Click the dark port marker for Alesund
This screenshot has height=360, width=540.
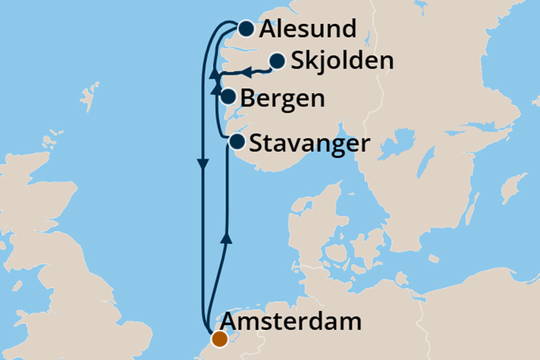pos(246,28)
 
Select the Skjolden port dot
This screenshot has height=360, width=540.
pos(277,61)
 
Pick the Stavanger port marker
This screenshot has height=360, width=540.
pos(237,141)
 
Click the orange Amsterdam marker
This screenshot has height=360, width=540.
pos(219,339)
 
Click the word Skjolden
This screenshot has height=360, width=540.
pos(342,62)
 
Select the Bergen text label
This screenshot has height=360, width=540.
pos(283,99)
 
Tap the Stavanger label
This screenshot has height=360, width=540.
pos(309,144)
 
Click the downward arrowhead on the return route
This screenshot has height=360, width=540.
pos(203,165)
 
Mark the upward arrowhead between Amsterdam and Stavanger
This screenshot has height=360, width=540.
pos(227,236)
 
